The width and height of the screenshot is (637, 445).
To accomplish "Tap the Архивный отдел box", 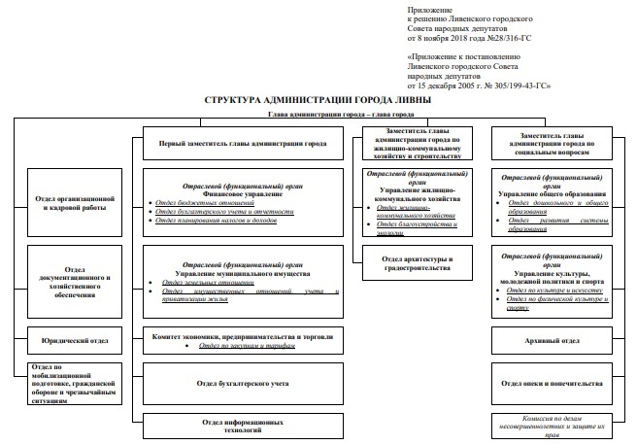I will (551, 341).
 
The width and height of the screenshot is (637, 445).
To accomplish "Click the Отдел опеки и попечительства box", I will (551, 384).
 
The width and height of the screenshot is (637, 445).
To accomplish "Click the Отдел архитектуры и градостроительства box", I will (418, 263).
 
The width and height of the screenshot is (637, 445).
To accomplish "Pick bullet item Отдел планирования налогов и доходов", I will (216, 221).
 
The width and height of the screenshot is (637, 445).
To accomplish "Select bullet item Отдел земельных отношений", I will (201, 283).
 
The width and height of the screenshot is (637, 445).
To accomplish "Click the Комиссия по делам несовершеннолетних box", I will (551, 427).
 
